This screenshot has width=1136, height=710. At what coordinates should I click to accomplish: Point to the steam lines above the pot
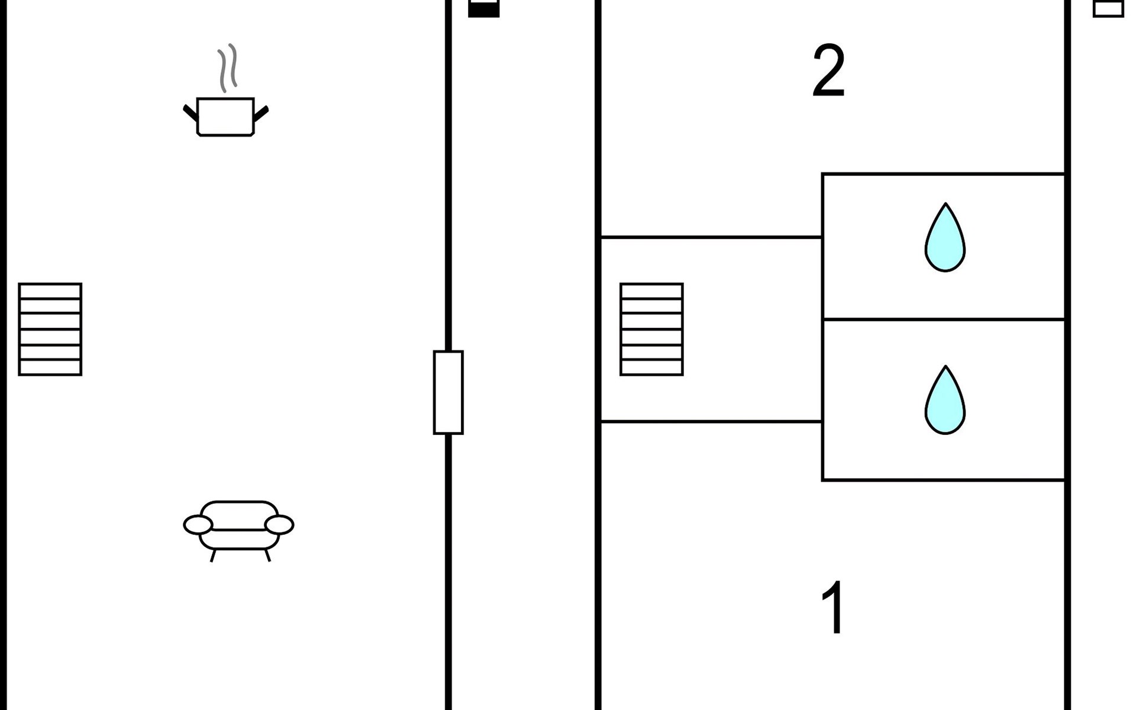tap(228, 68)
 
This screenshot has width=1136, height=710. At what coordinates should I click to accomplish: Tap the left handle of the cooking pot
tap(190, 112)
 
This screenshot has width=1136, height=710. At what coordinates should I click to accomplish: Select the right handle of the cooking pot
tap(261, 113)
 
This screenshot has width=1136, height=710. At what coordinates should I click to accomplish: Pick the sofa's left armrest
tap(198, 525)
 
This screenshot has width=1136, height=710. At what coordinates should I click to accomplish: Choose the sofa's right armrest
tap(279, 525)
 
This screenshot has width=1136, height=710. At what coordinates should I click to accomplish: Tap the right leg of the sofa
tap(267, 556)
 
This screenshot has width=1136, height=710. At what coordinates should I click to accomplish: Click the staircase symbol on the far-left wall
tap(50, 329)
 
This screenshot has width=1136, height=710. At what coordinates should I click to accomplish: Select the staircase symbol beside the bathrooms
tap(651, 329)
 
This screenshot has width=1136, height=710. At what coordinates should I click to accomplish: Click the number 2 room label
tap(828, 71)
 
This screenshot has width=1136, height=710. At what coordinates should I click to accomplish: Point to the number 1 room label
tap(833, 607)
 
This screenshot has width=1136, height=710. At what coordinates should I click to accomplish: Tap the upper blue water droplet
tap(945, 237)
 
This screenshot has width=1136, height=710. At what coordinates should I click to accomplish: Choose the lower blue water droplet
tap(945, 400)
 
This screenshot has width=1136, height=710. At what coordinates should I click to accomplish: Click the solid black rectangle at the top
tap(484, 9)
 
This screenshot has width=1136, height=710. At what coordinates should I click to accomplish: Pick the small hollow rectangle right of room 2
tap(1108, 8)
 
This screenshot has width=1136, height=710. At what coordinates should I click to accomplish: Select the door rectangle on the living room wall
tap(448, 392)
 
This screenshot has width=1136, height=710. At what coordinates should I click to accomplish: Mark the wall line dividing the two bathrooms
tap(944, 319)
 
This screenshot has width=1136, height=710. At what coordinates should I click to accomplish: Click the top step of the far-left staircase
tap(50, 291)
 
